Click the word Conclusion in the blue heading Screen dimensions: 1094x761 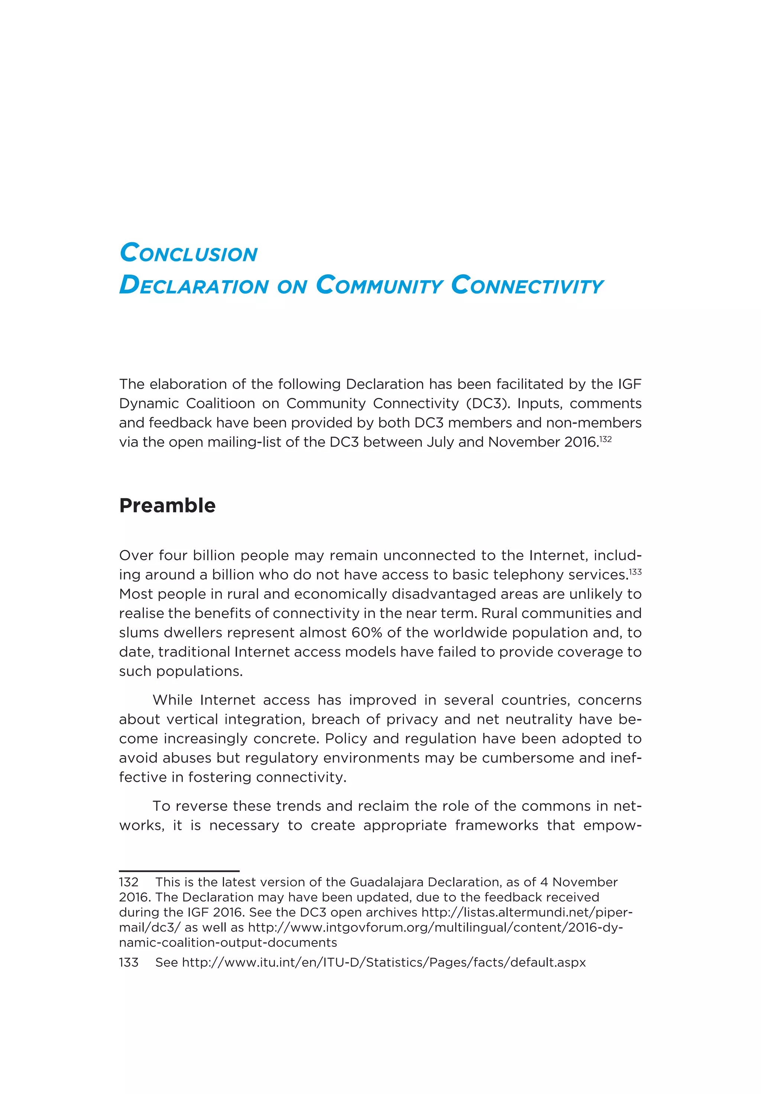coord(188,253)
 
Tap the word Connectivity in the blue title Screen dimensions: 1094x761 coord(527,285)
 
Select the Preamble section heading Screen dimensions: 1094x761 coord(167,505)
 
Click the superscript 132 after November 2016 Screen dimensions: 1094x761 coord(605,439)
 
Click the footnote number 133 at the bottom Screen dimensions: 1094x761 coord(129,962)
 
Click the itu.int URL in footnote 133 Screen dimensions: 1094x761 coord(383,962)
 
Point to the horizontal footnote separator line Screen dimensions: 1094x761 coord(179,871)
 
